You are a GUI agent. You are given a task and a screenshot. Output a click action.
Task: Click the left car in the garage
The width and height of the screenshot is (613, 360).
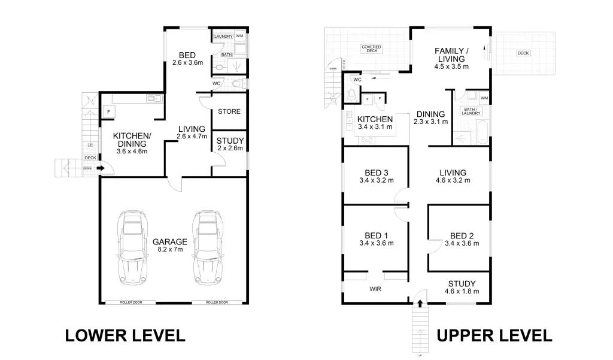[132, 246]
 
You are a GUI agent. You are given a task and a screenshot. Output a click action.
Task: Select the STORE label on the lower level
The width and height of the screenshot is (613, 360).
[229, 111]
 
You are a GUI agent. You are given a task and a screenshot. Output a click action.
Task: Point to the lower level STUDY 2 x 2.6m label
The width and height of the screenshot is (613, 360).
[229, 144]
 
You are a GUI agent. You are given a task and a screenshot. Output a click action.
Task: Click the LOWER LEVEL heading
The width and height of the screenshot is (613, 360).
[125, 335]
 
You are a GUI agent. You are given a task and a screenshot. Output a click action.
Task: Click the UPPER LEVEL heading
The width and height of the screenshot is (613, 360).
[494, 335]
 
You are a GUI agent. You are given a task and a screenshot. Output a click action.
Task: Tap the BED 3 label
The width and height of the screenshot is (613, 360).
[376, 176]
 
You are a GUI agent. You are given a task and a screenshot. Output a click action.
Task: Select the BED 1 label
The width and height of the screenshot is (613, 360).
[376, 239]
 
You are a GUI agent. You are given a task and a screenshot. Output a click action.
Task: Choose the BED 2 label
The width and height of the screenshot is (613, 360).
[462, 239]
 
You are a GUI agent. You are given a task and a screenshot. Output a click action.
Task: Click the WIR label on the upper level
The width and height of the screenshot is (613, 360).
[376, 289]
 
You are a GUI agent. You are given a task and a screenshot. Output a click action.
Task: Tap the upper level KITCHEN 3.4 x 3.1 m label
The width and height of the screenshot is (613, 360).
[375, 123]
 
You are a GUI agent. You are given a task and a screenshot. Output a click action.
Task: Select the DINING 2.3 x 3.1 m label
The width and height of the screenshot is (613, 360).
[430, 117]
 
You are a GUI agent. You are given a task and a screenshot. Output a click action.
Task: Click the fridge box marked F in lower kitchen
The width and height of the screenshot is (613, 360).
[109, 112]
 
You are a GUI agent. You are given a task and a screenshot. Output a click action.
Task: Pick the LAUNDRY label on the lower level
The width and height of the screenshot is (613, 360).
[223, 37]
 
